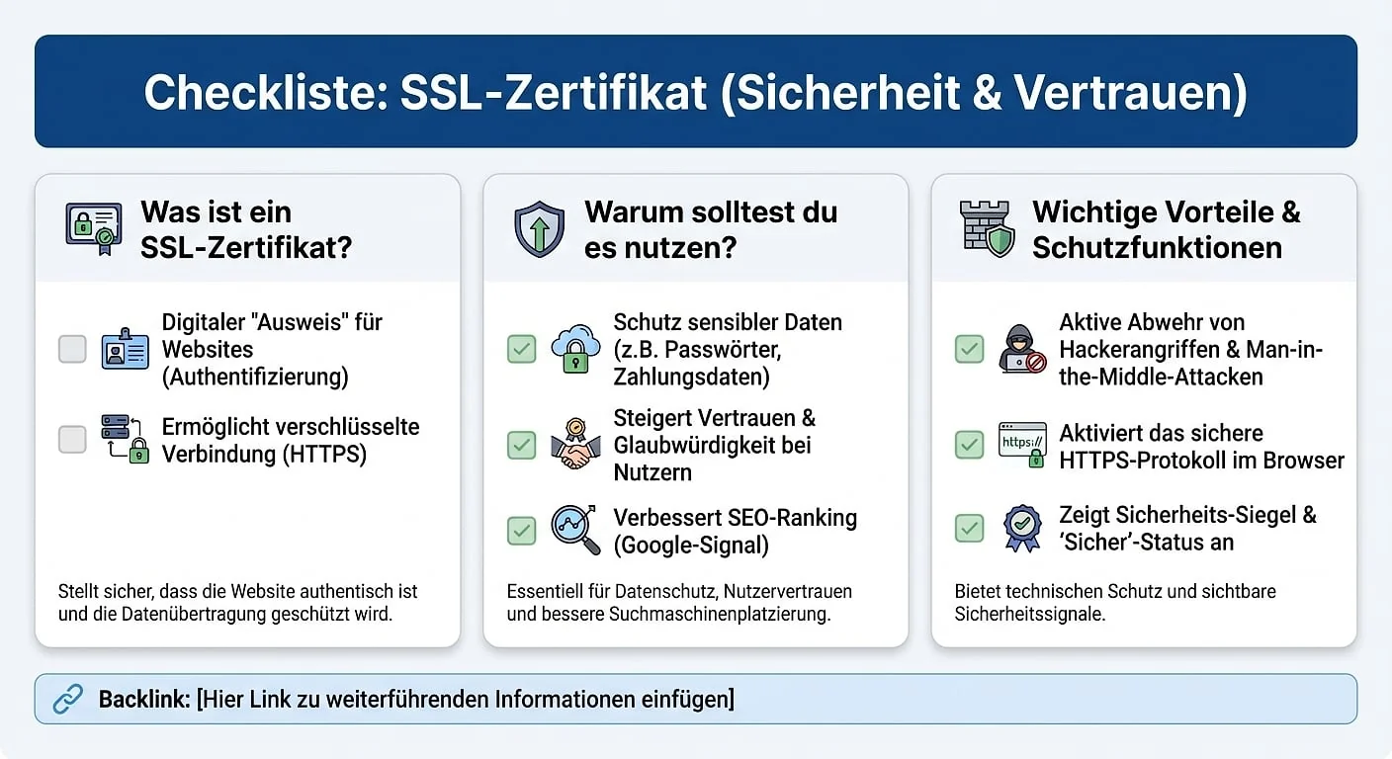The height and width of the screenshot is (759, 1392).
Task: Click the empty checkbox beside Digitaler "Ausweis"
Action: click(72, 349)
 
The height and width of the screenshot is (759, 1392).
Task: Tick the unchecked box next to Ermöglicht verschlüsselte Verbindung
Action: click(72, 440)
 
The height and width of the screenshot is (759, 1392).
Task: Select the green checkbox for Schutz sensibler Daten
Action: click(521, 349)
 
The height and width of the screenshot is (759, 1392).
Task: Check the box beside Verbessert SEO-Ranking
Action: click(521, 531)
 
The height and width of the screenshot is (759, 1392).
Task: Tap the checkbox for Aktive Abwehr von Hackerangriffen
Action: click(969, 349)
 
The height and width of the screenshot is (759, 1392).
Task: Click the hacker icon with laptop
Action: click(1021, 349)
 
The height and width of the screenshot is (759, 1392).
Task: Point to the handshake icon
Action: click(575, 445)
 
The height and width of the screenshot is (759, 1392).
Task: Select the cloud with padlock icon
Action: click(575, 349)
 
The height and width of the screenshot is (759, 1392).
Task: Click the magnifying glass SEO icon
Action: click(575, 531)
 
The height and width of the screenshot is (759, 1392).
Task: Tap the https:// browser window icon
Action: click(1022, 444)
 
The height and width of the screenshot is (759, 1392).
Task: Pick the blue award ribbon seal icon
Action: click(1022, 528)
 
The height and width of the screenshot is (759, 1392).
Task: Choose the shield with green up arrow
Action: click(539, 228)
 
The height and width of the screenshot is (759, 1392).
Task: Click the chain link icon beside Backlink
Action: click(67, 700)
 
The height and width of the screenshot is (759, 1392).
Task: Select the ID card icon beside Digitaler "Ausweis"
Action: click(125, 349)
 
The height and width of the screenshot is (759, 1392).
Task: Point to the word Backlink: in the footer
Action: click(143, 700)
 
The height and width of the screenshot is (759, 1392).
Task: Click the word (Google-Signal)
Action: click(691, 545)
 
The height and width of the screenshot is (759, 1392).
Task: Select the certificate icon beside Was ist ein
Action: click(93, 228)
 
